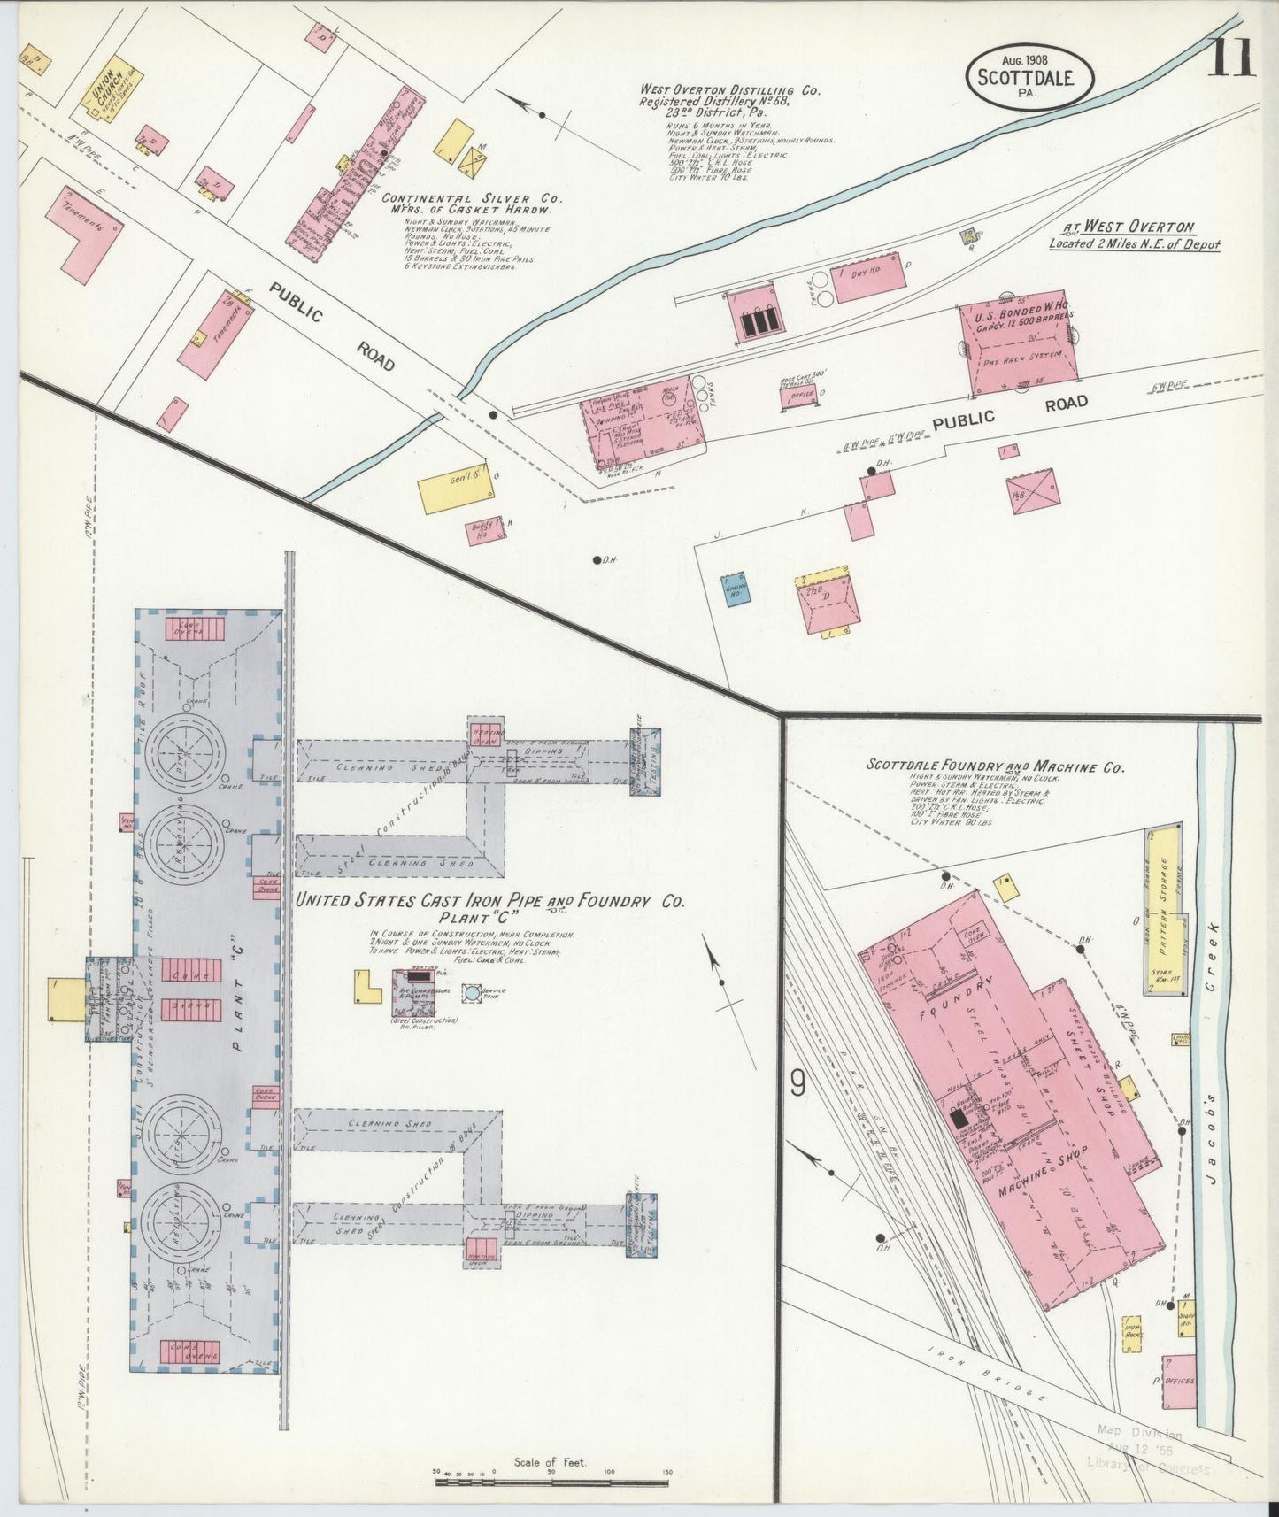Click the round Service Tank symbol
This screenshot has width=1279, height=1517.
tap(473, 992)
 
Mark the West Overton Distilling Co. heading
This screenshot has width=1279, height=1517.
tap(731, 90)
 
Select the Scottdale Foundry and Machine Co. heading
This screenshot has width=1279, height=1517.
tap(995, 767)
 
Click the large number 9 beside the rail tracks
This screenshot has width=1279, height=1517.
tap(797, 1082)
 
